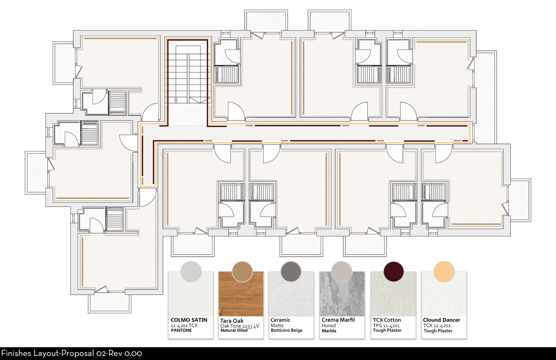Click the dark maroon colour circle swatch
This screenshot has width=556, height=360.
[x=394, y=271]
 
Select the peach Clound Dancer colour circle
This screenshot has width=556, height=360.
[x=444, y=271]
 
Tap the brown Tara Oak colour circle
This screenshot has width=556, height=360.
[x=242, y=271]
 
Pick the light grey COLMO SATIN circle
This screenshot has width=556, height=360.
[x=191, y=271]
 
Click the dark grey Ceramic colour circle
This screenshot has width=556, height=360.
[x=291, y=271]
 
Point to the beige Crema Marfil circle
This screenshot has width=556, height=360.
[x=341, y=271]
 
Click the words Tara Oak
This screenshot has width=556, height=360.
[x=232, y=321]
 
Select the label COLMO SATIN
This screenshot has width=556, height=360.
[x=189, y=320]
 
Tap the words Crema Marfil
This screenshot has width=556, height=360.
[x=338, y=320]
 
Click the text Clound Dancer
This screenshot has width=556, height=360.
[x=441, y=320]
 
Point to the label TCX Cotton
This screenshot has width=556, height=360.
[x=387, y=320]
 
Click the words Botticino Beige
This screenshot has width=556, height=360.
[x=287, y=330]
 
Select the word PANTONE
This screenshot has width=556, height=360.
[x=182, y=330]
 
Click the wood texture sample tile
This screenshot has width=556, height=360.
[x=241, y=294]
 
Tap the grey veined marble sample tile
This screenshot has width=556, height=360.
[x=342, y=294]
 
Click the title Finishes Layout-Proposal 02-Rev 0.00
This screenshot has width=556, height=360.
[x=72, y=353]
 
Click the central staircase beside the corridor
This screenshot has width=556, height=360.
[x=188, y=74]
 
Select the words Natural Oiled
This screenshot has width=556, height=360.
[x=234, y=330]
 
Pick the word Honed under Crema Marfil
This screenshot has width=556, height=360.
[x=329, y=325]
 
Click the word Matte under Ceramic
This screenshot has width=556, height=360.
[x=277, y=325]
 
